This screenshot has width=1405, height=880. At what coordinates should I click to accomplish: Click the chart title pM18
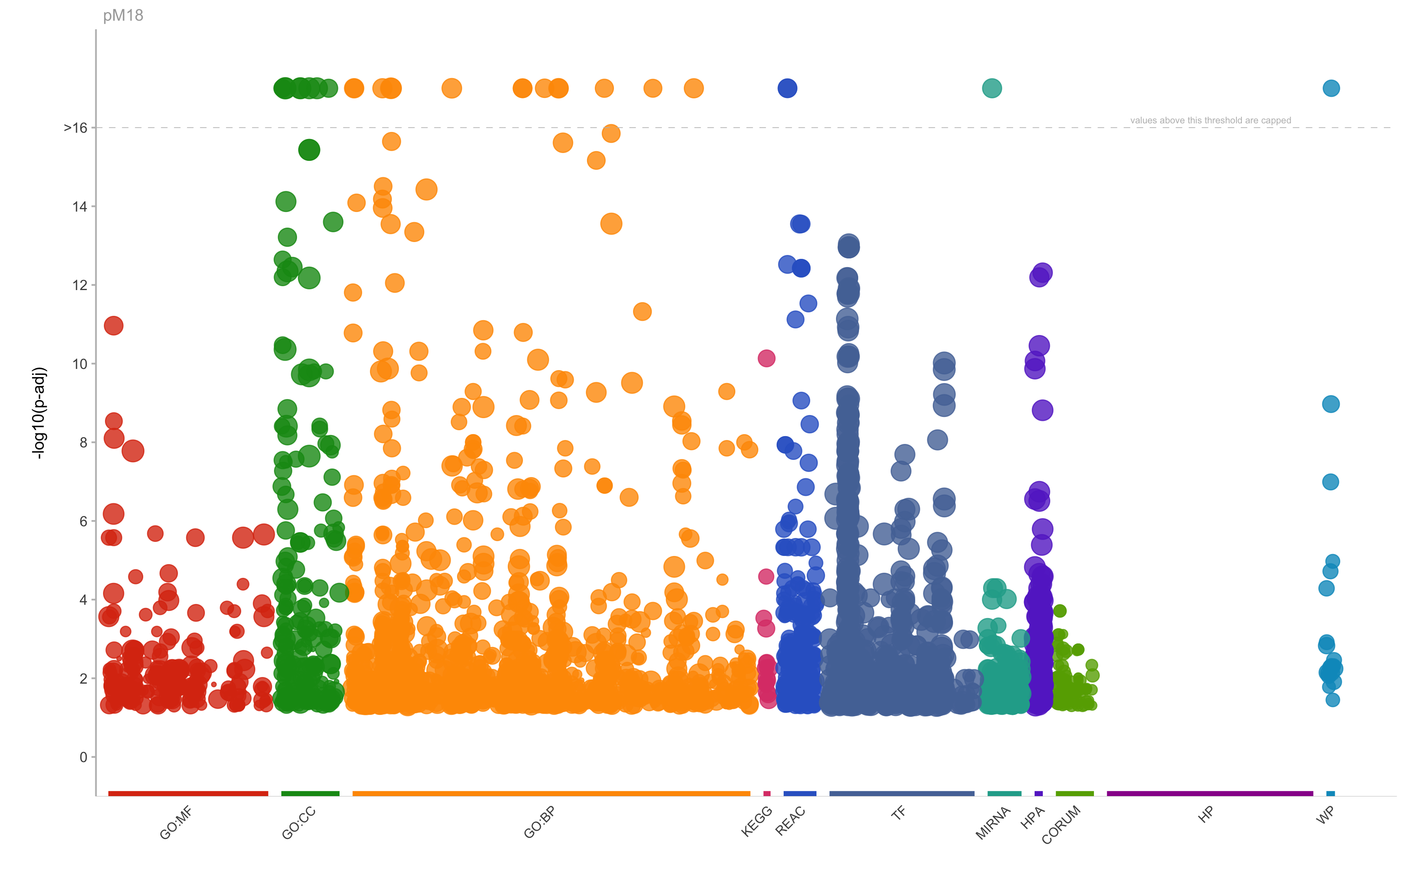coord(123,15)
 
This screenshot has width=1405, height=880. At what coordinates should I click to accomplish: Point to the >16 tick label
coord(76,127)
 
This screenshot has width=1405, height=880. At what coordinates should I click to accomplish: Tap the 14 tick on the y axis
coord(80,207)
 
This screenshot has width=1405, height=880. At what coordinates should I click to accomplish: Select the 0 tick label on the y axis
coord(83,757)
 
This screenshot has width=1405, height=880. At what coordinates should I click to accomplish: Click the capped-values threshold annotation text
coord(1210,121)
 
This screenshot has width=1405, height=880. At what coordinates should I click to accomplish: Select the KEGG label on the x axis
coord(756,821)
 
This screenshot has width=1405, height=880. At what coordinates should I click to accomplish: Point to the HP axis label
coord(1206,814)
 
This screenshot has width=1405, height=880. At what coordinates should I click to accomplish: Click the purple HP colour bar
coord(1209,793)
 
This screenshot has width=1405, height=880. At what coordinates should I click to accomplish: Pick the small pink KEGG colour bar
coord(767,793)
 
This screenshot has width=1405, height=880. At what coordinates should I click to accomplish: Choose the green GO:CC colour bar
coord(310,793)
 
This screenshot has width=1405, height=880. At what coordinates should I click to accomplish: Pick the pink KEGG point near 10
coord(766,358)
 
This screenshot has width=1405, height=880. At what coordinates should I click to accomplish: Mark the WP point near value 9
coord(1330,404)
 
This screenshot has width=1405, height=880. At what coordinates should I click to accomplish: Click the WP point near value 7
coord(1330,482)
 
